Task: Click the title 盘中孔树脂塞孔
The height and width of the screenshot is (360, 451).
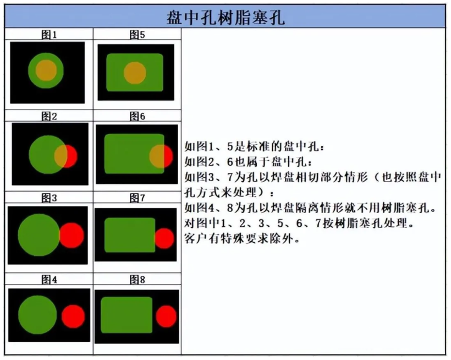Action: (x=226, y=17)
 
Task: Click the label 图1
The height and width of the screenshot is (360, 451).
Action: (x=49, y=35)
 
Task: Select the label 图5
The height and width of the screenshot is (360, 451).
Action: (x=137, y=35)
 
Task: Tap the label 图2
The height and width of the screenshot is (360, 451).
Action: (x=49, y=116)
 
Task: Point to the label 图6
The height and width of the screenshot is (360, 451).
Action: (x=137, y=116)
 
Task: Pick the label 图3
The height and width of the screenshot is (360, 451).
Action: (x=49, y=198)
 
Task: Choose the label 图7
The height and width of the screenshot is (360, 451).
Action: (x=137, y=198)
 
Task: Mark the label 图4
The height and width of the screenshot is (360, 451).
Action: (x=49, y=280)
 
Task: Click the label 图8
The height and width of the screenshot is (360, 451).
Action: (x=137, y=280)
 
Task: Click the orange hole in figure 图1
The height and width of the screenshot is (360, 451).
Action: (x=46, y=70)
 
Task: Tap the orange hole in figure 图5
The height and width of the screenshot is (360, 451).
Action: (x=135, y=73)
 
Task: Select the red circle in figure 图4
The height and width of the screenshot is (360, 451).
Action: (x=73, y=317)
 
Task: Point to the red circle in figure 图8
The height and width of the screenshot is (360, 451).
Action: (x=166, y=317)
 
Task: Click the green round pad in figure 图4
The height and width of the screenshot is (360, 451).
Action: (x=37, y=315)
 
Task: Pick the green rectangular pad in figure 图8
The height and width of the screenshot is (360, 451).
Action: (x=127, y=315)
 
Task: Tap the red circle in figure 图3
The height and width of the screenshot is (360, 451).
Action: (x=72, y=235)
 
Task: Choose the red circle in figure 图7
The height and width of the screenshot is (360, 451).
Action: (x=164, y=238)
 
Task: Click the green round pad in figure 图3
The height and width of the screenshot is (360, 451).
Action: (x=39, y=235)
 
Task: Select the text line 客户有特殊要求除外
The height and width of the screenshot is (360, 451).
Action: (x=242, y=238)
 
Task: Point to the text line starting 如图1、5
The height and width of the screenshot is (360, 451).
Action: (x=254, y=146)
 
